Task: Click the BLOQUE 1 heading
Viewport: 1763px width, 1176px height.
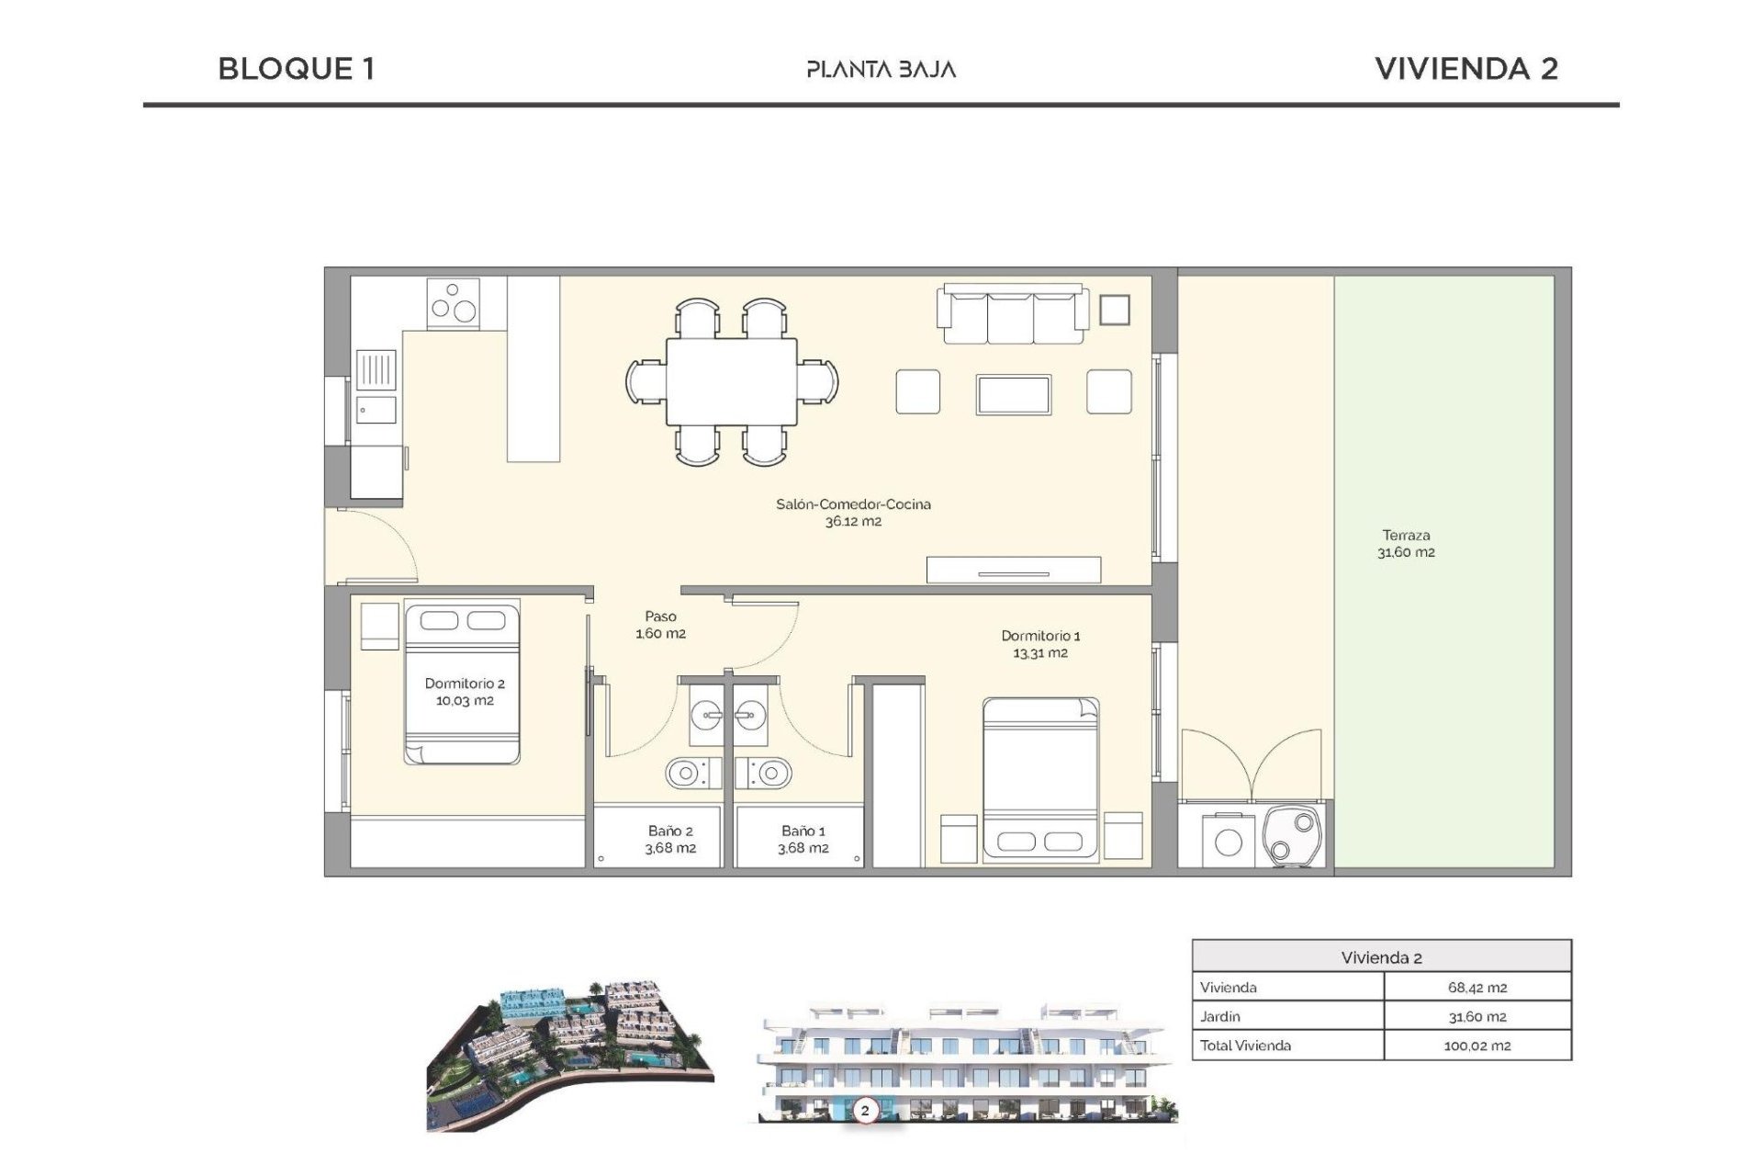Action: pyautogui.click(x=296, y=69)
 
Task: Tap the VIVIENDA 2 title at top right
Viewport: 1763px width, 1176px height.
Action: pyautogui.click(x=1465, y=69)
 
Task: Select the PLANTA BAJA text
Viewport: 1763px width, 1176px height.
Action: pyautogui.click(x=881, y=70)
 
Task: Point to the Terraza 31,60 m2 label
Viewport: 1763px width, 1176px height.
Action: pyautogui.click(x=1406, y=544)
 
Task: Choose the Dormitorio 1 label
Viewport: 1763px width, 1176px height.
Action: pyautogui.click(x=1040, y=636)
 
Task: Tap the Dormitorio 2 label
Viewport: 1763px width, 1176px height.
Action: pyautogui.click(x=465, y=684)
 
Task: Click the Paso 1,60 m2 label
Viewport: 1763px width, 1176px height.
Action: pyautogui.click(x=660, y=625)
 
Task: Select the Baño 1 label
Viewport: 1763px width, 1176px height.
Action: pyautogui.click(x=803, y=831)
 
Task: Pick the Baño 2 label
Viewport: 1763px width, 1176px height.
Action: pyautogui.click(x=670, y=831)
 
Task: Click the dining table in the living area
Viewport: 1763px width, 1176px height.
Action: pyautogui.click(x=732, y=381)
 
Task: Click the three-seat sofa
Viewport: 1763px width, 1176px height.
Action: pyautogui.click(x=1013, y=315)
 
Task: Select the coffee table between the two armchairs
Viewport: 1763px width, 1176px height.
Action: pyautogui.click(x=1014, y=394)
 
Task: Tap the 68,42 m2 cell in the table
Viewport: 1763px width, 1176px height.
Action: pyautogui.click(x=1477, y=988)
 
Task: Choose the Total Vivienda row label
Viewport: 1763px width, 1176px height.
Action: pyautogui.click(x=1245, y=1046)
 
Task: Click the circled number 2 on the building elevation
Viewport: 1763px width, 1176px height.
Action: pyautogui.click(x=864, y=1111)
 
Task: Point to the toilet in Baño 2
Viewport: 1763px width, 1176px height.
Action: pyautogui.click(x=688, y=774)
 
